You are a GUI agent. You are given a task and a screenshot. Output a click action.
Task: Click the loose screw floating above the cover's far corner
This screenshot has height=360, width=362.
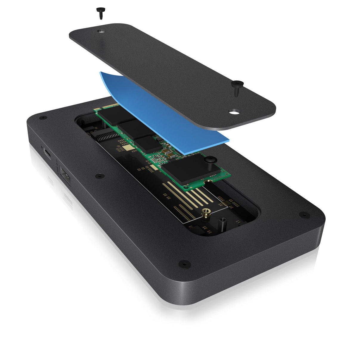(x=99, y=13)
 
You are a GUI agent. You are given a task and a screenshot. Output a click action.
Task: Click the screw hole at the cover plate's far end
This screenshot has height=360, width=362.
(x=101, y=31)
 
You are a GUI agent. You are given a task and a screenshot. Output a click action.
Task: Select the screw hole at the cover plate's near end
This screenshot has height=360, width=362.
(x=233, y=112)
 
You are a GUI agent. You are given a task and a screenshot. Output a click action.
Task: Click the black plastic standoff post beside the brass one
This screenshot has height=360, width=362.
(x=222, y=222)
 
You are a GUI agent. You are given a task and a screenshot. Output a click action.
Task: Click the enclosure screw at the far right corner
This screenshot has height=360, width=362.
(x=304, y=214)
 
